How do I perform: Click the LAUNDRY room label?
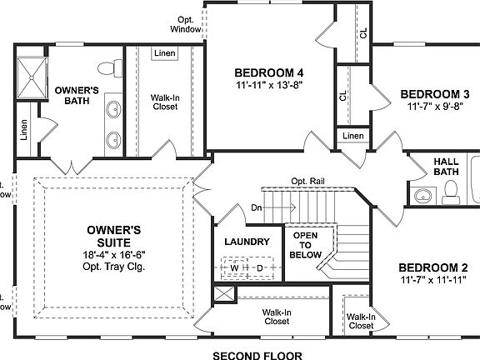(x=247, y=242)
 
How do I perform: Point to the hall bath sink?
(x=423, y=197)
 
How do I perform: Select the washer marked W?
(x=235, y=267)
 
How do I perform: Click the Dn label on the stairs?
(x=257, y=207)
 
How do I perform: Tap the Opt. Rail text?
(x=308, y=180)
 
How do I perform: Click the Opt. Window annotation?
(x=186, y=24)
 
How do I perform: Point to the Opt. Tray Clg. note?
(x=115, y=267)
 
